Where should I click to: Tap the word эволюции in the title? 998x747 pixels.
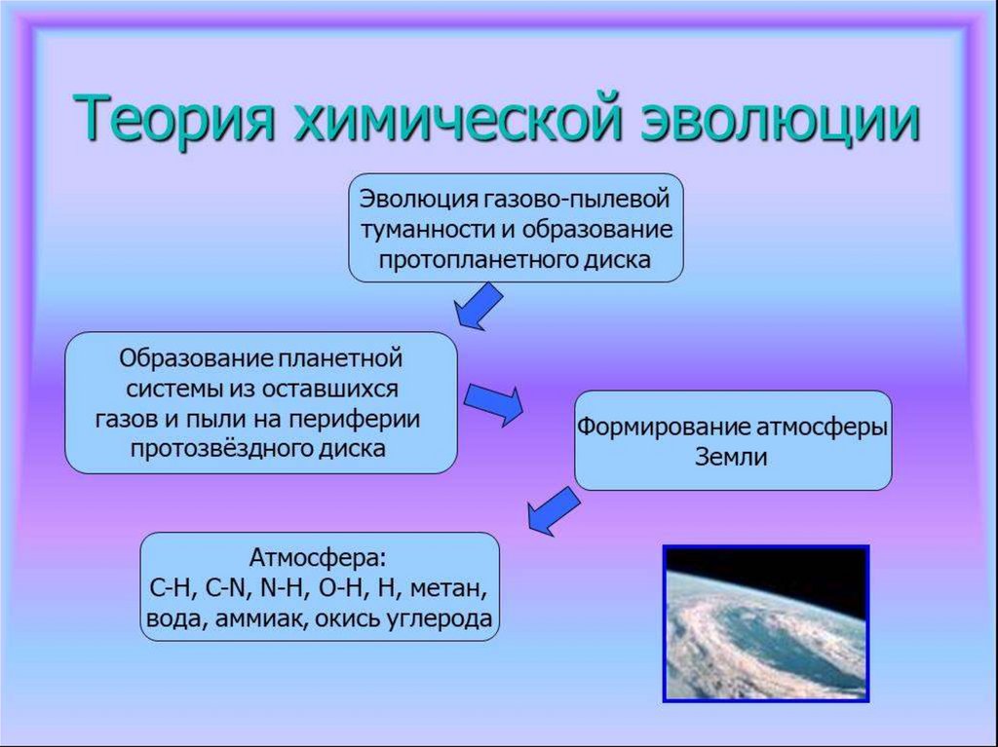click(780, 119)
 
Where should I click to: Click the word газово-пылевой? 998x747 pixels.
click(579, 199)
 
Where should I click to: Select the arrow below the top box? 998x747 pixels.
click(479, 306)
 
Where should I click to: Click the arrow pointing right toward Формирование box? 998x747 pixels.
click(493, 404)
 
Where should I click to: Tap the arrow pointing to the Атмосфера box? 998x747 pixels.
click(554, 510)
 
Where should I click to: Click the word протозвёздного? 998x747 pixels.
click(219, 449)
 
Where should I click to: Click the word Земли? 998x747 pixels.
click(731, 457)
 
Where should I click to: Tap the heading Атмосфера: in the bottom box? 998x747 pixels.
click(318, 557)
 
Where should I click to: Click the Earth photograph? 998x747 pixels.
click(766, 623)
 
